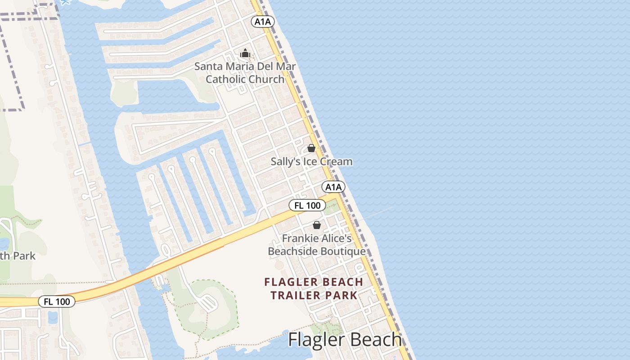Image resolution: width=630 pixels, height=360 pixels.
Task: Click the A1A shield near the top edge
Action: coord(263,22)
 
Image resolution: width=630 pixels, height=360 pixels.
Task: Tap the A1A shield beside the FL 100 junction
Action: coord(333,187)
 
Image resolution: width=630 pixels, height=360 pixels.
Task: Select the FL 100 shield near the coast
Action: coord(307,206)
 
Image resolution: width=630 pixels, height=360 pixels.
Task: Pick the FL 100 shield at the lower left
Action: coord(57,301)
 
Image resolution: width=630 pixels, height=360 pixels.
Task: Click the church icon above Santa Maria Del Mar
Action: coord(245,54)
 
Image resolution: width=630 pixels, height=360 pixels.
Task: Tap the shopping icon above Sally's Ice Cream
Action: coord(311,148)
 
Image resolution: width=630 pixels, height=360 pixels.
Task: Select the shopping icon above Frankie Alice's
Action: coord(317,225)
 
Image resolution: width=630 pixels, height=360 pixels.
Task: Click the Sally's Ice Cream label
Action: coord(311,162)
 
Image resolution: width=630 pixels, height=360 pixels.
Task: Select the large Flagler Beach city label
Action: coord(345,340)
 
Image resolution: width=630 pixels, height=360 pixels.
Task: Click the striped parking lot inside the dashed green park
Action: coord(208,303)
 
